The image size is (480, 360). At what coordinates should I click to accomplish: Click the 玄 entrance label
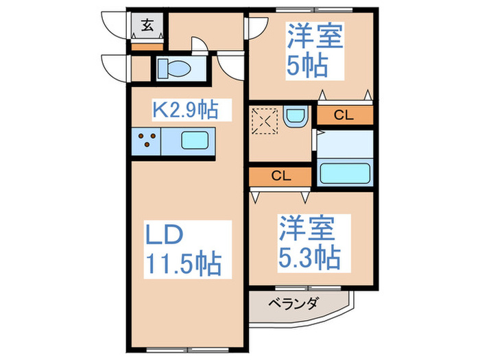(147, 27)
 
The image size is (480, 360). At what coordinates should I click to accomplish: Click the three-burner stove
(146, 142)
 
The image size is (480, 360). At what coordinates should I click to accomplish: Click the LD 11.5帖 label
(183, 246)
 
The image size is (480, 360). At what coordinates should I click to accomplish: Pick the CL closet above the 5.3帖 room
(280, 176)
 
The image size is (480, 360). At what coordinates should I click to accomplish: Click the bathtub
(345, 172)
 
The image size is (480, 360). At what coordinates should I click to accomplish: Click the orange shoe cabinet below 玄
(147, 47)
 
